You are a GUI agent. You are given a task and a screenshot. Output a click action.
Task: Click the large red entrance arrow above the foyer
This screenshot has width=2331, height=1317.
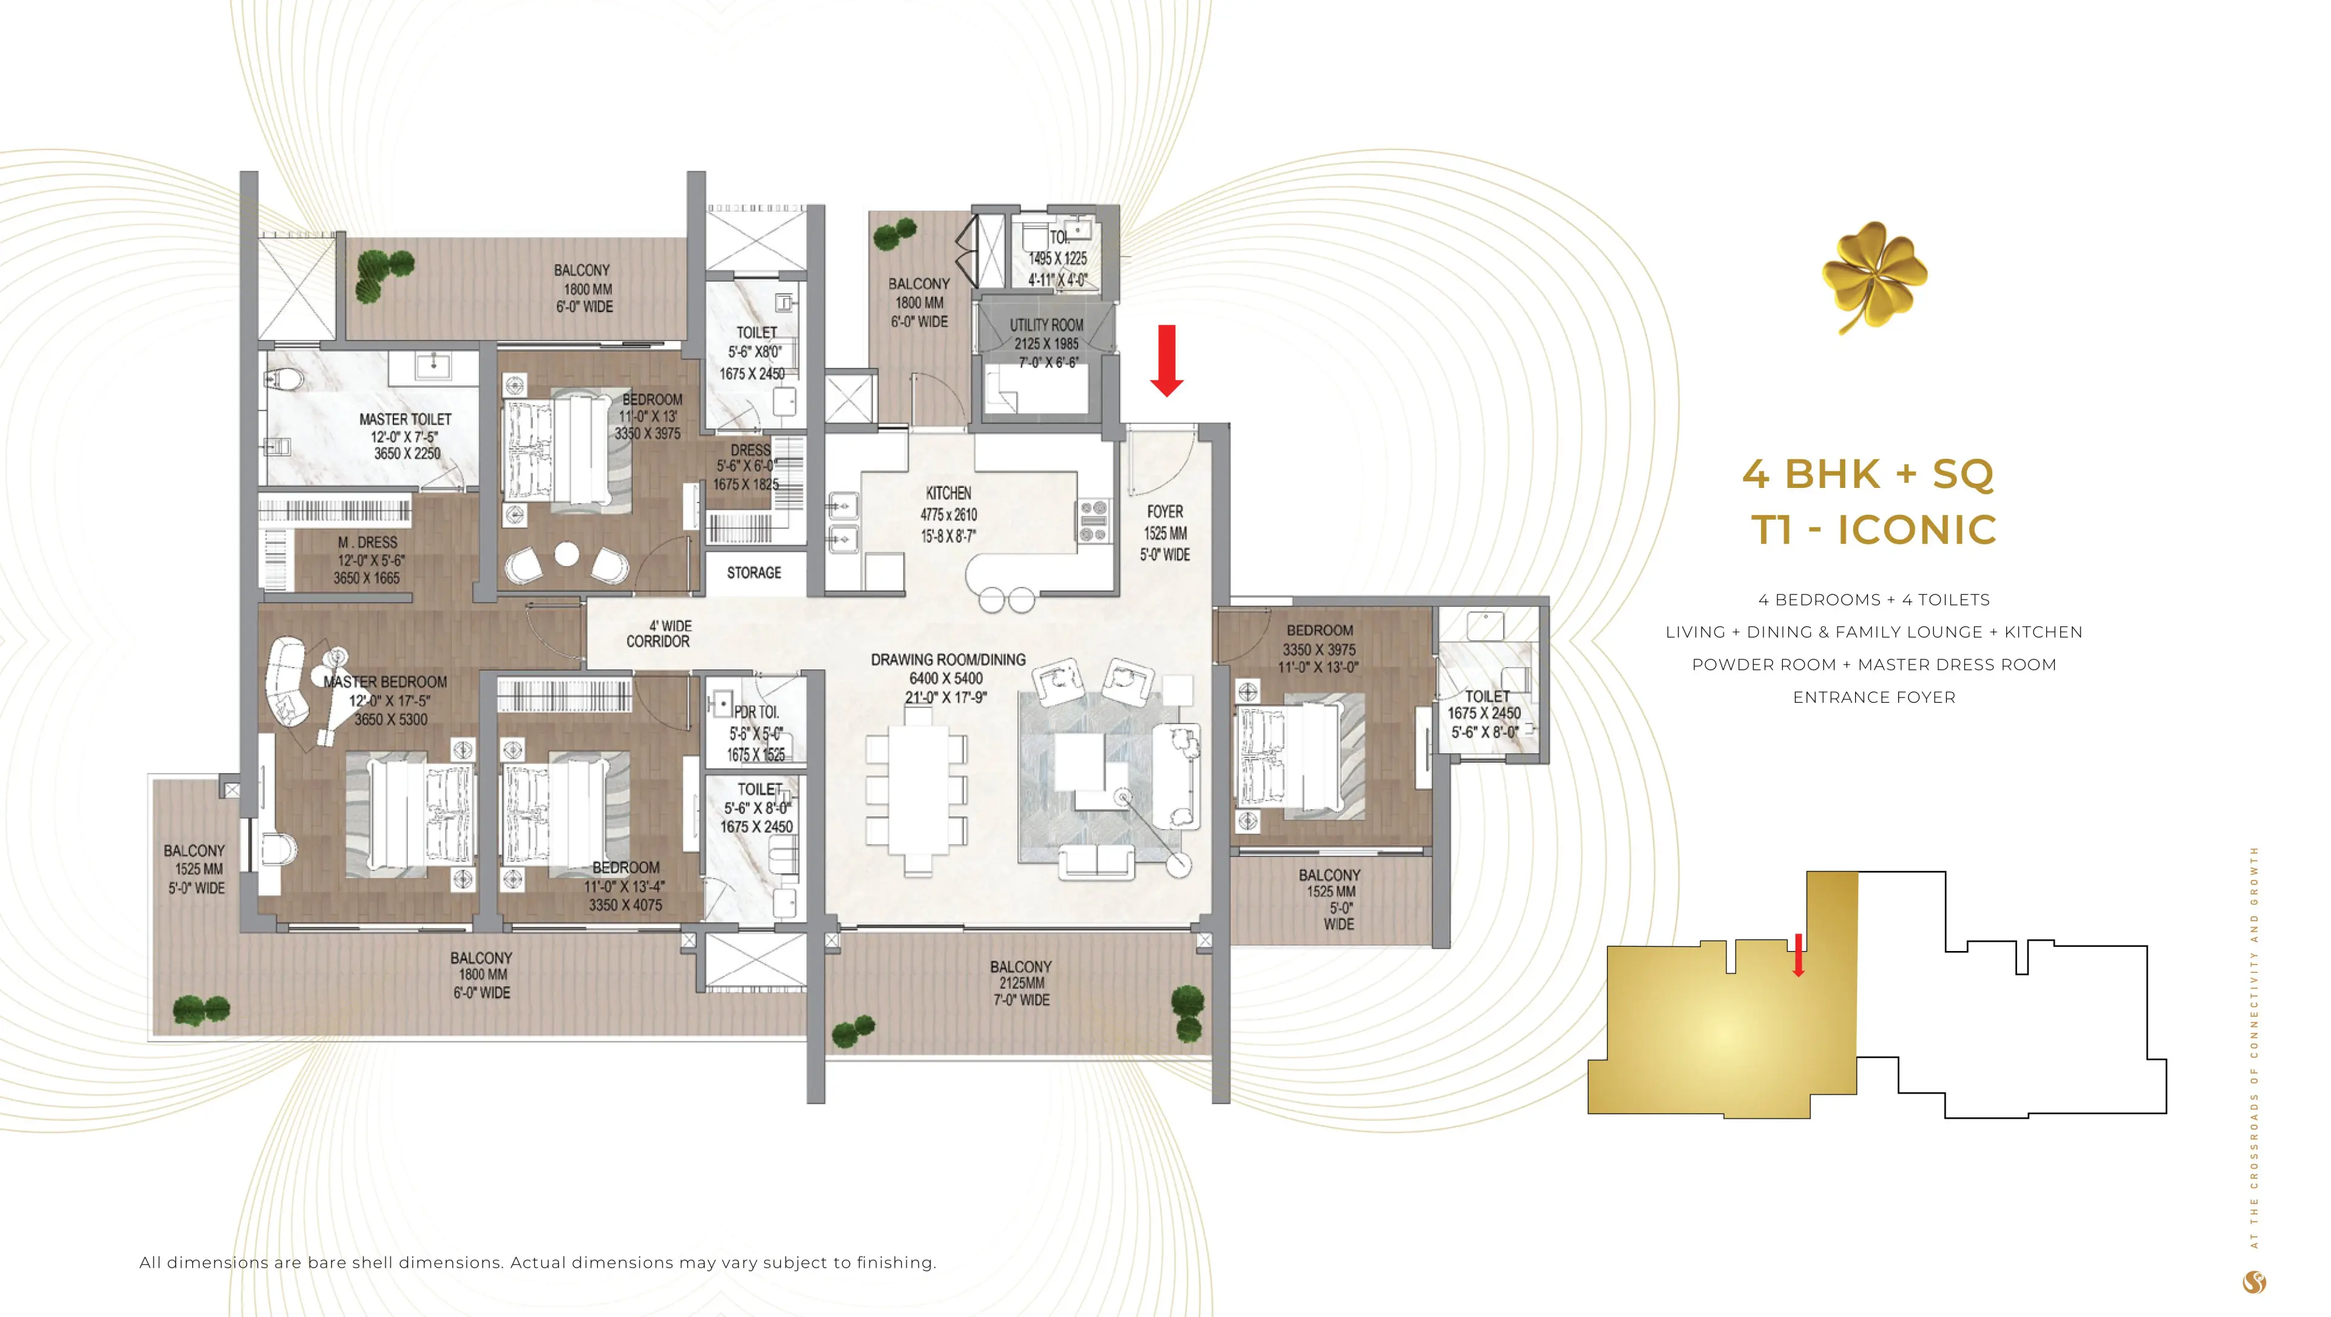click(1166, 360)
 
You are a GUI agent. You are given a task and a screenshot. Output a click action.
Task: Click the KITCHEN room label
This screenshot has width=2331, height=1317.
click(948, 493)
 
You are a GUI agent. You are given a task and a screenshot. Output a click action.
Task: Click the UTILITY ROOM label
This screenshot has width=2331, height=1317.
click(1046, 325)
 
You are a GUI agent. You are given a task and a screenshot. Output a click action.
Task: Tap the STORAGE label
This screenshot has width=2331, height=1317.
click(754, 572)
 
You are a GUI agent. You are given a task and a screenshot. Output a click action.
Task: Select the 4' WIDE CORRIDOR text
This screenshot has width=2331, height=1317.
click(659, 633)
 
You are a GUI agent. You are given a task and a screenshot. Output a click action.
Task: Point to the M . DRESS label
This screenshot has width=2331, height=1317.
click(367, 543)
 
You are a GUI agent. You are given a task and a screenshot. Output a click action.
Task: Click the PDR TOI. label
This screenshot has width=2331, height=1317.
click(756, 712)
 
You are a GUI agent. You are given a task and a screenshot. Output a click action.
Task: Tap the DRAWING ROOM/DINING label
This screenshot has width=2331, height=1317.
click(948, 659)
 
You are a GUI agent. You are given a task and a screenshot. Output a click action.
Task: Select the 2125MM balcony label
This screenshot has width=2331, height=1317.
click(1020, 983)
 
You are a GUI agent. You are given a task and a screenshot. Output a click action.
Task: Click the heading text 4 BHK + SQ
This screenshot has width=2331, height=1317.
click(1868, 474)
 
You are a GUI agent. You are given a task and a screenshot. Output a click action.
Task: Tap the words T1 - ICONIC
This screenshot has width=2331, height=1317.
click(1873, 530)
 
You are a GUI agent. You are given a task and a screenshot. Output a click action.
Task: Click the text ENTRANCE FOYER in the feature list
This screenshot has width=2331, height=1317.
click(1873, 697)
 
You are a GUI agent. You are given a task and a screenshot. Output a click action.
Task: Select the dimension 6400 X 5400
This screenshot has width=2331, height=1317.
click(946, 679)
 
